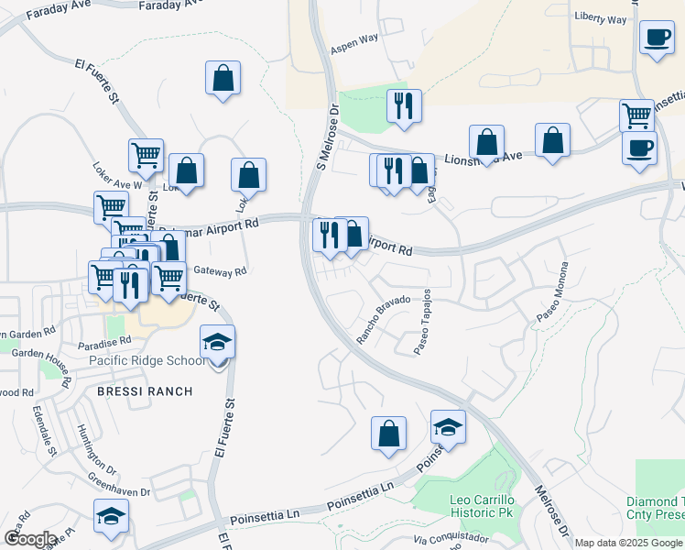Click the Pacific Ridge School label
coord(147,360)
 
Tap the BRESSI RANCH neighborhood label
coord(146,391)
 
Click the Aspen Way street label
coord(354,41)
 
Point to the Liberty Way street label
coord(601,18)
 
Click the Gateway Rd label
coord(220,271)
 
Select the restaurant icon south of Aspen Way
coord(403,106)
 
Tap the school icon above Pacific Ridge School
coord(217,342)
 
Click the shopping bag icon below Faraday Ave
coord(223,78)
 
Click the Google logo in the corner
coord(29,539)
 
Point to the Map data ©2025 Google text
coord(628,542)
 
